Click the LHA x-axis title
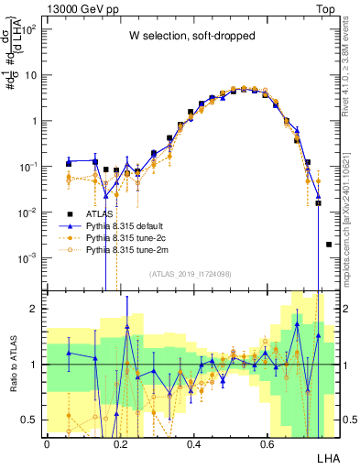pos(325,456)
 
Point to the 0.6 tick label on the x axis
pos(267,442)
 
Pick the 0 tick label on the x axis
pos(47,442)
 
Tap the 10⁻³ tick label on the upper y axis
pos(30,258)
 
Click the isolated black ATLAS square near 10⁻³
pos(329,245)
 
